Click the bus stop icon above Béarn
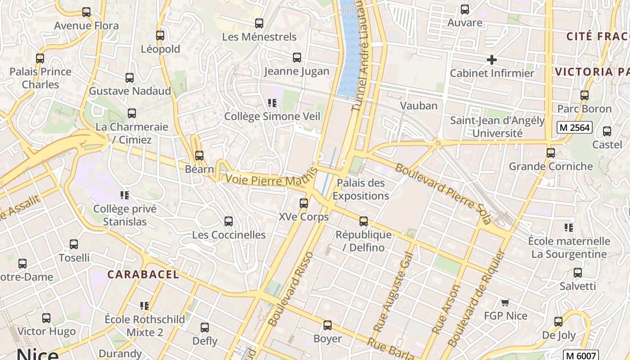[199, 156]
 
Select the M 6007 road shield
[582, 355]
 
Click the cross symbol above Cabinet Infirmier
[492, 59]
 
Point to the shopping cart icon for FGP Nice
[505, 302]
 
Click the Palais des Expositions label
[360, 189]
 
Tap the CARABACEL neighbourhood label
[143, 274]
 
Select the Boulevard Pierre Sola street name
[443, 193]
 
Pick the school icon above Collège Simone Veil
[272, 103]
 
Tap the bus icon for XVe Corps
[304, 203]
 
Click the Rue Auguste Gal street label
[392, 292]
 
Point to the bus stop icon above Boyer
[328, 325]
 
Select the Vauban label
[419, 106]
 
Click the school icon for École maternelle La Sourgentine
[569, 228]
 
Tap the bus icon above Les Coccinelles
[229, 221]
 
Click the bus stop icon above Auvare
[465, 9]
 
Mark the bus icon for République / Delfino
[364, 221]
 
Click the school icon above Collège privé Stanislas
[125, 195]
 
